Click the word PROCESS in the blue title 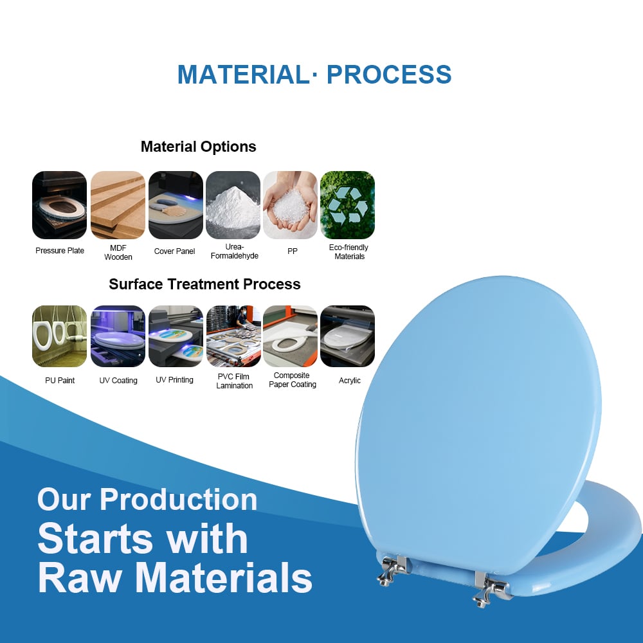[x=389, y=75]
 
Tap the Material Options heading [x=199, y=147]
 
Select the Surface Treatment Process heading [x=204, y=284]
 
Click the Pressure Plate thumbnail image [x=59, y=205]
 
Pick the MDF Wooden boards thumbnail [x=118, y=205]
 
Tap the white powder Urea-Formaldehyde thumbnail [x=233, y=205]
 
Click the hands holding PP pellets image [x=291, y=205]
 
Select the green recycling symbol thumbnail [x=347, y=205]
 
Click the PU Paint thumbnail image [x=59, y=336]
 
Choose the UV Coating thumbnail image [x=118, y=336]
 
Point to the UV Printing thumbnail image [x=176, y=336]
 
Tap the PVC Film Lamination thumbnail [x=233, y=336]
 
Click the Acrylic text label [x=349, y=381]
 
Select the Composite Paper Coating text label [x=293, y=380]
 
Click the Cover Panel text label [x=174, y=251]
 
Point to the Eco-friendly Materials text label [x=349, y=252]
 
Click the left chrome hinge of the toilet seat [x=392, y=570]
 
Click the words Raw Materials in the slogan [x=175, y=578]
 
